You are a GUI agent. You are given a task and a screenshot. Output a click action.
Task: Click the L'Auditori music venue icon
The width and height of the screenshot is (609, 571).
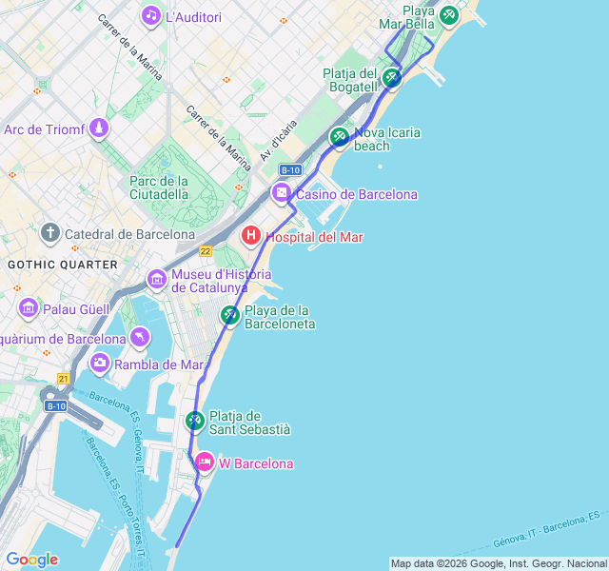point(151,16)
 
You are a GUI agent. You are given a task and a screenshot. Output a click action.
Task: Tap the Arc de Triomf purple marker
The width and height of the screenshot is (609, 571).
point(99,128)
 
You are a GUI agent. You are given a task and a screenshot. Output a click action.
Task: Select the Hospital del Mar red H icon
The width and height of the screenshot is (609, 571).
point(251,236)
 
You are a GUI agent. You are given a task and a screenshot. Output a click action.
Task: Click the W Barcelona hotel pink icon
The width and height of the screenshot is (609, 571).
point(205,463)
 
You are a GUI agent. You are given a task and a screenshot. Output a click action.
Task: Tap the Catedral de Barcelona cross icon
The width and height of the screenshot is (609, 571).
point(50,233)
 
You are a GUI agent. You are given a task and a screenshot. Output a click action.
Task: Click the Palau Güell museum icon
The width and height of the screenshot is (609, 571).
point(28,307)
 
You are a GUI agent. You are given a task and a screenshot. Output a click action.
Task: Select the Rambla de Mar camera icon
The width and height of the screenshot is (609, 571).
point(100,363)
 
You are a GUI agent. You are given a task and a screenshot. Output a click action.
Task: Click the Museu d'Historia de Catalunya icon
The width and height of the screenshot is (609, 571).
point(157,279)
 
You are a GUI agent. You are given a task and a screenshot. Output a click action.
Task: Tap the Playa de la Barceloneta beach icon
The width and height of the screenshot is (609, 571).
point(230,315)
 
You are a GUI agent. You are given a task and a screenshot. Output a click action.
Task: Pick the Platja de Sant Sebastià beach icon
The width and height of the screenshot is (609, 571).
point(195,420)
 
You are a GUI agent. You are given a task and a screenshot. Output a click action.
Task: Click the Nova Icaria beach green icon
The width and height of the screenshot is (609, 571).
point(340,137)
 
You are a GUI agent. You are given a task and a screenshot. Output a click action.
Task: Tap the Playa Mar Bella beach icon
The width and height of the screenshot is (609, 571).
point(448,15)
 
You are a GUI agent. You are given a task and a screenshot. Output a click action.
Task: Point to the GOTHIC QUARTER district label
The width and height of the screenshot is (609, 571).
point(63,264)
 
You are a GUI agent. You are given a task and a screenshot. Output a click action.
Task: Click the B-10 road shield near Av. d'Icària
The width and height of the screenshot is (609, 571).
point(290,169)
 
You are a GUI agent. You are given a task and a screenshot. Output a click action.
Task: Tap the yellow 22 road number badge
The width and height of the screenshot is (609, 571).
point(206,250)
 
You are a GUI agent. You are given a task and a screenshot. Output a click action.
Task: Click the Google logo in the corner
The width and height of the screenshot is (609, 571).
point(31,560)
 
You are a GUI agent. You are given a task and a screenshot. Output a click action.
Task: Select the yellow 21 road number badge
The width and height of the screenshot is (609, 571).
point(63,379)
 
